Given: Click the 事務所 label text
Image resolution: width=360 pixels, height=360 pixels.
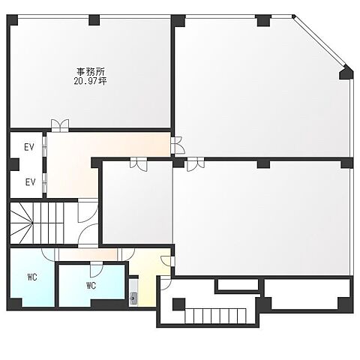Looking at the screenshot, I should point(91,70).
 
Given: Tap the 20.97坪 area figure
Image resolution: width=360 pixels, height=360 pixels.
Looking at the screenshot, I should point(91,80).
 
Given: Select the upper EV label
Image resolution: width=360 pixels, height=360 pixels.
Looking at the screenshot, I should point(29,147).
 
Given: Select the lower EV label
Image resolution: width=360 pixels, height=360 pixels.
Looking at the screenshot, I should point(29,181).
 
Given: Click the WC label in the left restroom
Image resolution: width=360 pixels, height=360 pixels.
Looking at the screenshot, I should point(32,277).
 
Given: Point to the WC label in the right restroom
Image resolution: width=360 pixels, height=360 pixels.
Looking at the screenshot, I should point(91,286).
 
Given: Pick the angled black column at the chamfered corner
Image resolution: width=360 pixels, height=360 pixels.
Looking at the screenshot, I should point(346,73).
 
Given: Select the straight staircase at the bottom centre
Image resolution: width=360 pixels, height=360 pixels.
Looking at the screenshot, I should point(217,315).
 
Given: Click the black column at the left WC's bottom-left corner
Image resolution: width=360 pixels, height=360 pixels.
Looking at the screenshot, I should point(13,304).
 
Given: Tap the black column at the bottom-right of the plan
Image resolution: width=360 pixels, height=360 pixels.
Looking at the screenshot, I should point(345,304).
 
